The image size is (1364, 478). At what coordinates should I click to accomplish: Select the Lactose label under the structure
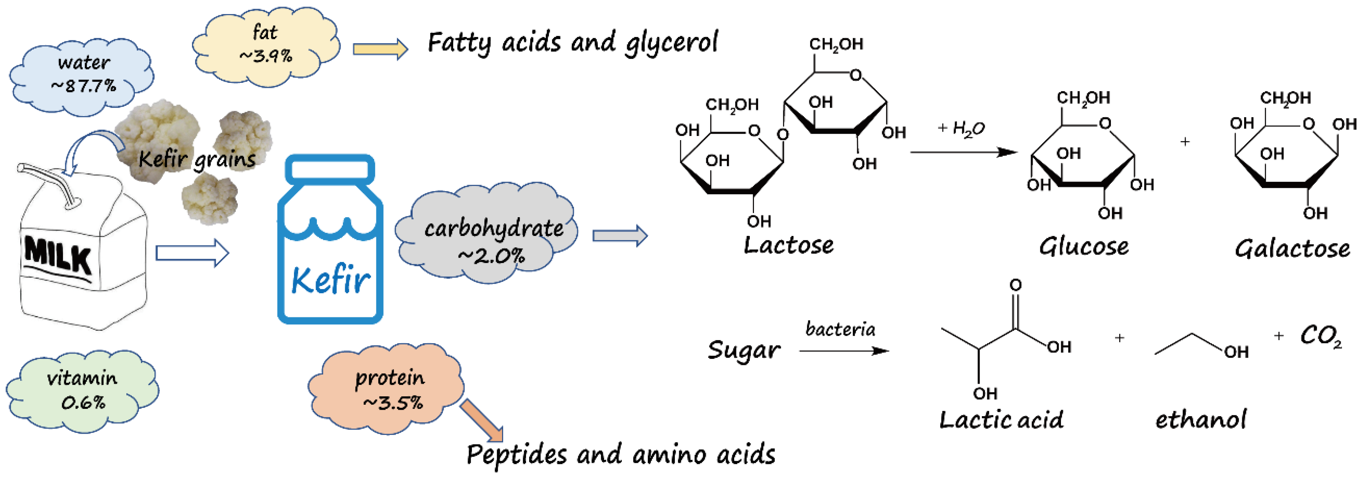(788, 245)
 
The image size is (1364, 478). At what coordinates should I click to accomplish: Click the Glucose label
(1083, 247)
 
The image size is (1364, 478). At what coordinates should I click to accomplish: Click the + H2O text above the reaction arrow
(960, 129)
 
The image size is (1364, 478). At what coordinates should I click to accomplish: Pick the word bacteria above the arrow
(840, 329)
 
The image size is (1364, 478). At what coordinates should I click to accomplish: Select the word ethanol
(1200, 420)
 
